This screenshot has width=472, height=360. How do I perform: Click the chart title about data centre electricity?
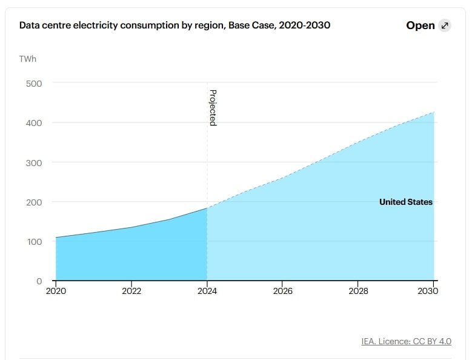[175, 25]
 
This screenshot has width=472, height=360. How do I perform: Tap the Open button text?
[420, 25]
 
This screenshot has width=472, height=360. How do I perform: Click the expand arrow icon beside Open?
[445, 25]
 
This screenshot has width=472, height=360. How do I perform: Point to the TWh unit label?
[28, 59]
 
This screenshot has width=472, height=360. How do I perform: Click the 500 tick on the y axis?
[34, 83]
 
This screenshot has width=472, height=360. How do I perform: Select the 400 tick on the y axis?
[34, 122]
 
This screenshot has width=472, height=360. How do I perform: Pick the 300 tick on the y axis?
[34, 162]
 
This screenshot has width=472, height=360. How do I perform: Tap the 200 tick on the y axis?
[34, 202]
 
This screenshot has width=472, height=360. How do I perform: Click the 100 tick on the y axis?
[34, 242]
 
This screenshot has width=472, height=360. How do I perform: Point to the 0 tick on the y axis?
[39, 281]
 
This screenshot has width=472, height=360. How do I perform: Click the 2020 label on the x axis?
[56, 291]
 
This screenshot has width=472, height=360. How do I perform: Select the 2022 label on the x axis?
[131, 291]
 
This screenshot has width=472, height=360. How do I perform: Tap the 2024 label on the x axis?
[207, 291]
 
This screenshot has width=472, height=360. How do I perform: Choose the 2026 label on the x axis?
[283, 291]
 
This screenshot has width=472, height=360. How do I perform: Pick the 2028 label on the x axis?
[359, 291]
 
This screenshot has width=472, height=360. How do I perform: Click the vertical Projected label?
[213, 107]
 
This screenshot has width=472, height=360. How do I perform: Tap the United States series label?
[406, 202]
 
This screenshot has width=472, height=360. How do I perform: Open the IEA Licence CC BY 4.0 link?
[406, 341]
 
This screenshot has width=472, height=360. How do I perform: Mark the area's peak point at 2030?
[434, 112]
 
